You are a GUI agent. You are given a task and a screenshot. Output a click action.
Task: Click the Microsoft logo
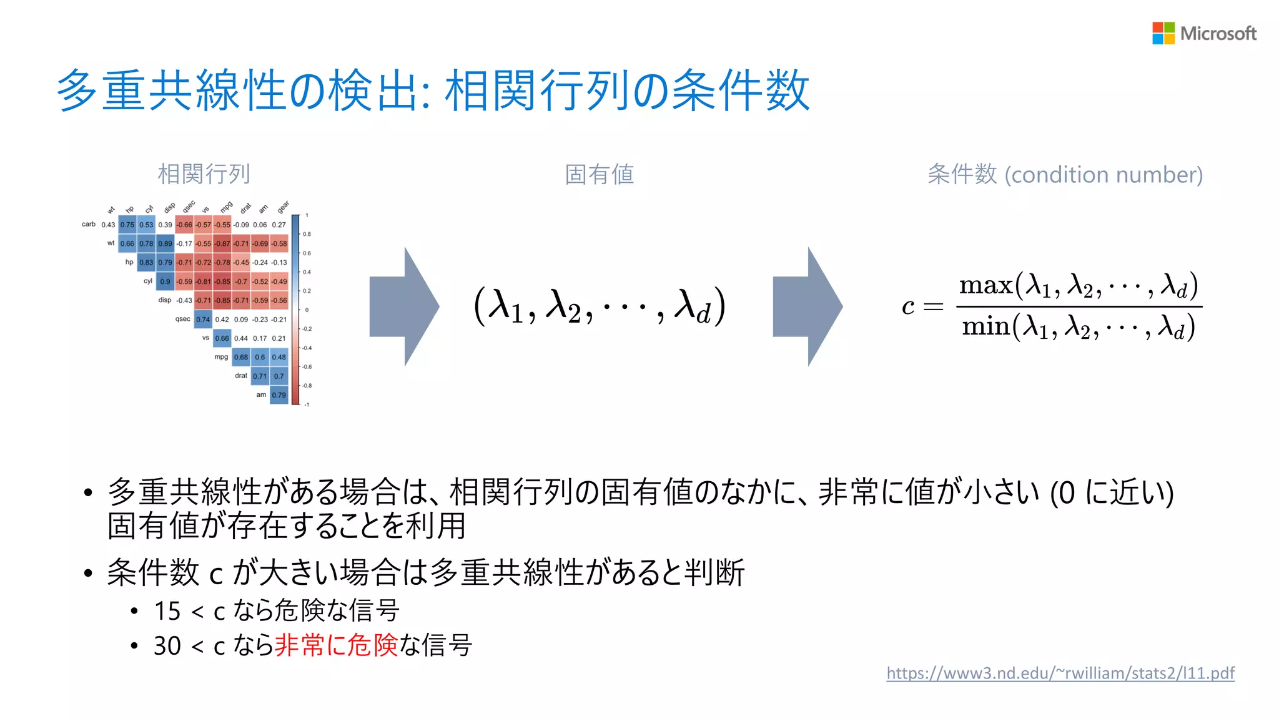(1203, 33)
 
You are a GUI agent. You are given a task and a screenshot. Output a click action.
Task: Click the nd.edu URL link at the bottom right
(1060, 673)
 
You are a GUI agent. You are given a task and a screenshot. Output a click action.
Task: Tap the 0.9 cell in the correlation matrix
(165, 281)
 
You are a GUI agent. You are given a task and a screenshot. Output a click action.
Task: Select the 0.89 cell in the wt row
(165, 243)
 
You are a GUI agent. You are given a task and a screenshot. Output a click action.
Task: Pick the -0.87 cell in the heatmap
(222, 243)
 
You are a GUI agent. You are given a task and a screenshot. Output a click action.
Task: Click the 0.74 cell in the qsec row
(203, 320)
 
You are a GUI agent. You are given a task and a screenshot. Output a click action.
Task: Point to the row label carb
(89, 224)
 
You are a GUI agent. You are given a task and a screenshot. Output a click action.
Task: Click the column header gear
(284, 207)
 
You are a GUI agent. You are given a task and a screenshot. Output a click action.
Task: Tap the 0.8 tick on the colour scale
(307, 234)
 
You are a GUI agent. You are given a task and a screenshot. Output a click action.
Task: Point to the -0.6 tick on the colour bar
(307, 367)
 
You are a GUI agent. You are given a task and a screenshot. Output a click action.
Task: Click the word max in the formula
(985, 286)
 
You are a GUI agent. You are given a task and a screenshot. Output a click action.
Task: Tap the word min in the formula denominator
(985, 326)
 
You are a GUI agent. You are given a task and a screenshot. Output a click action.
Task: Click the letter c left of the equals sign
(908, 306)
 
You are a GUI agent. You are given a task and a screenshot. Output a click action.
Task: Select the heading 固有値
(599, 174)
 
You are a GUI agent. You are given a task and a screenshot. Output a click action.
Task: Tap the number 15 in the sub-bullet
(167, 611)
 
